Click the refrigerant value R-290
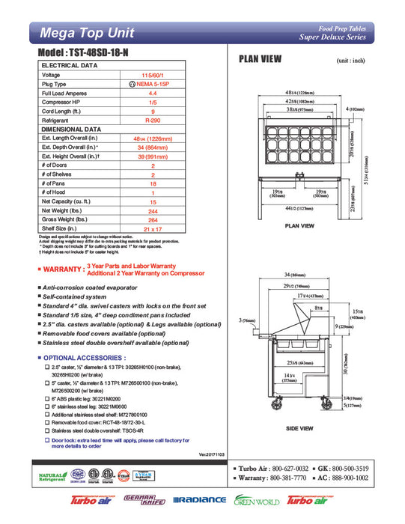(x=153, y=120)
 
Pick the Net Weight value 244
(x=153, y=210)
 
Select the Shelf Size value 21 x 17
(x=153, y=228)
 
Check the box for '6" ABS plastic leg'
(x=47, y=401)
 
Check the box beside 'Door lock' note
(x=47, y=441)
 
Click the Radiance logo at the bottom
(x=199, y=500)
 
